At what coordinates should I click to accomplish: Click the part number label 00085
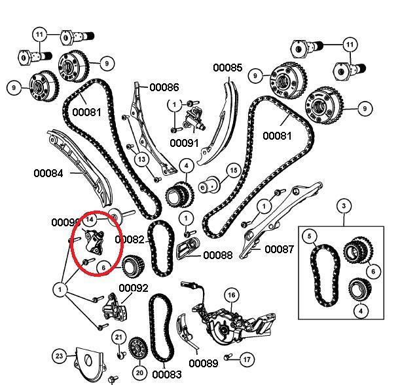click(x=227, y=68)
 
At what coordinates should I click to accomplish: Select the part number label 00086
click(x=164, y=87)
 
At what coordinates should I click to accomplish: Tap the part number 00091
click(x=184, y=142)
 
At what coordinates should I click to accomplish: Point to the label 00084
click(x=49, y=173)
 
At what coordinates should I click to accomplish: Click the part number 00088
click(x=217, y=255)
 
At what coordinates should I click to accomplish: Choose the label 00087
click(x=280, y=249)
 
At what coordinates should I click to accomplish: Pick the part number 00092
click(x=134, y=288)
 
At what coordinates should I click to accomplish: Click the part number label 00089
click(x=204, y=363)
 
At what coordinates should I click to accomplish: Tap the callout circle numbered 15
click(x=233, y=171)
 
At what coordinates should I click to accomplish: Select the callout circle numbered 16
click(x=231, y=296)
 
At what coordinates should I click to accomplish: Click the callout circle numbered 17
click(x=246, y=359)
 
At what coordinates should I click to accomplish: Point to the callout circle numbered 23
click(x=60, y=357)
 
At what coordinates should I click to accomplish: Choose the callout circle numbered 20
click(x=138, y=372)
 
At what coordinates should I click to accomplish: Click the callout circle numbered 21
click(x=118, y=337)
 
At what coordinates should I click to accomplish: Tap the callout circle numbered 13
click(x=141, y=158)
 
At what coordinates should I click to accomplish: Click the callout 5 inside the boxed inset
click(x=310, y=235)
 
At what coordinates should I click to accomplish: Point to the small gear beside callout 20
click(x=137, y=348)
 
